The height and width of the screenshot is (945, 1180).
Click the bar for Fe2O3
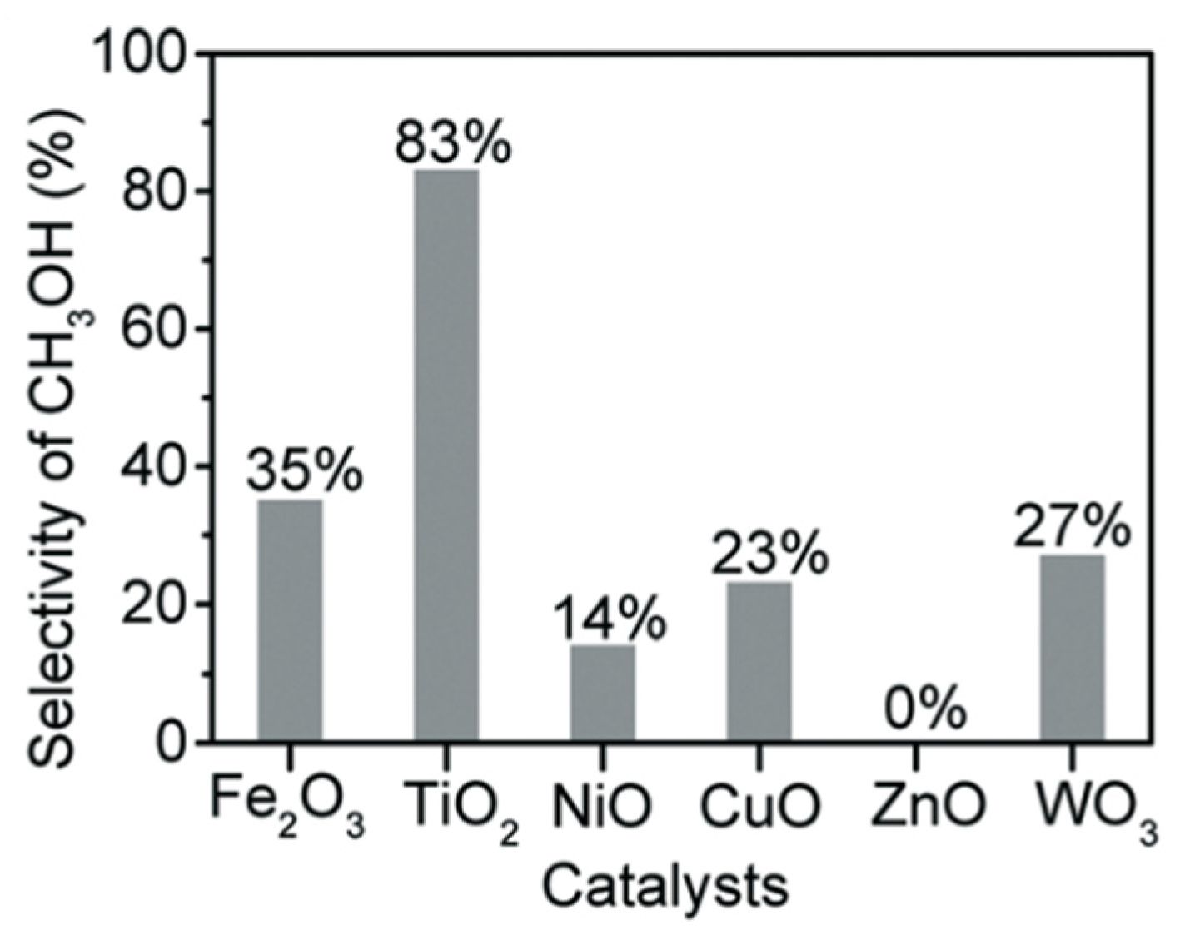290,620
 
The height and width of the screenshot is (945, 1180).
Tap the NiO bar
603,693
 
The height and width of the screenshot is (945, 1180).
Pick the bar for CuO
759,662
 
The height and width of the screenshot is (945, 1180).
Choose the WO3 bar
1072,648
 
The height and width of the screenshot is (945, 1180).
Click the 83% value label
452,142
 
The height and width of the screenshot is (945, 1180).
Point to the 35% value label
304,472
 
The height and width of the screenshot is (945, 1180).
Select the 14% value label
609,619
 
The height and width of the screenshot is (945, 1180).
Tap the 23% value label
769,555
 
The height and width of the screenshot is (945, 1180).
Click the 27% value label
1072,527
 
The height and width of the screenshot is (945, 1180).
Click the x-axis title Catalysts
665,887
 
